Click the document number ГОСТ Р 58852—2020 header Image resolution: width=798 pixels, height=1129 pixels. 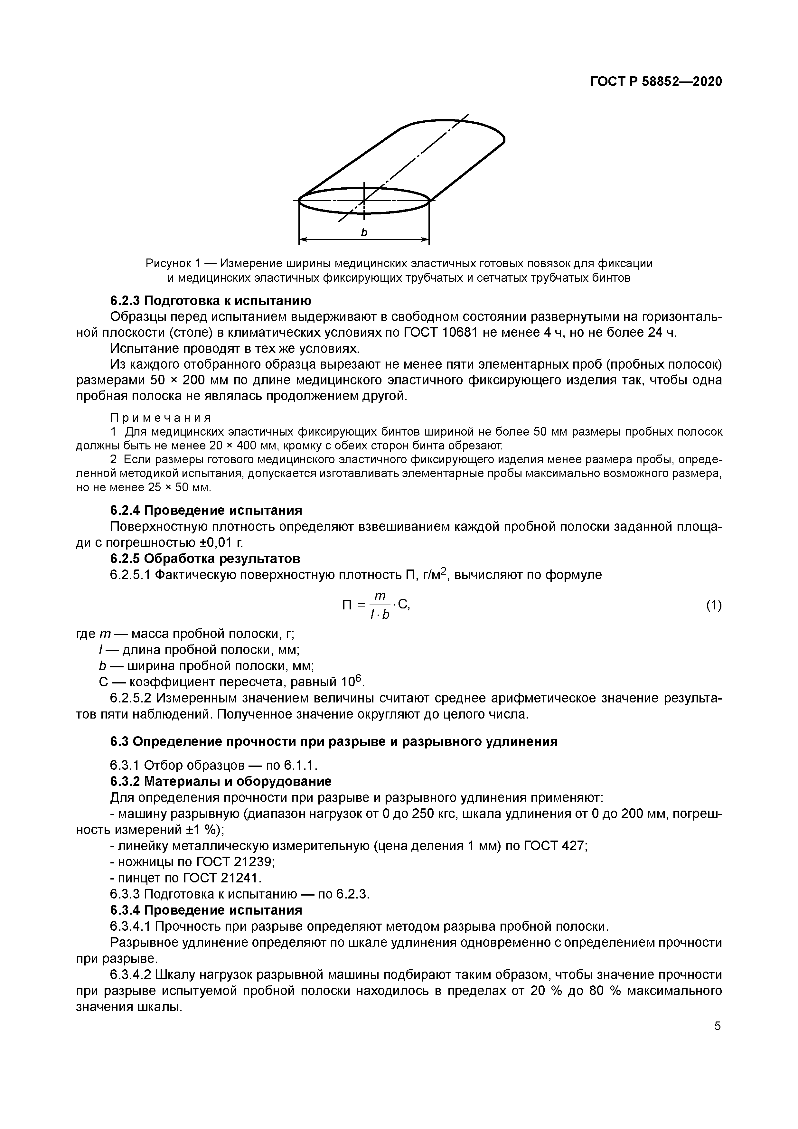(656, 82)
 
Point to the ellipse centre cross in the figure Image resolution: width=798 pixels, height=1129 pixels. (364, 200)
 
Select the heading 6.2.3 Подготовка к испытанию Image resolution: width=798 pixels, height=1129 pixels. (210, 300)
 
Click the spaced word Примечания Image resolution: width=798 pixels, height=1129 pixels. (160, 418)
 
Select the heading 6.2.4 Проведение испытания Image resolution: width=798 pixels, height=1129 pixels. (205, 510)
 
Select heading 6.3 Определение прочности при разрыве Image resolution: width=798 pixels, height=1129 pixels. (333, 741)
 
